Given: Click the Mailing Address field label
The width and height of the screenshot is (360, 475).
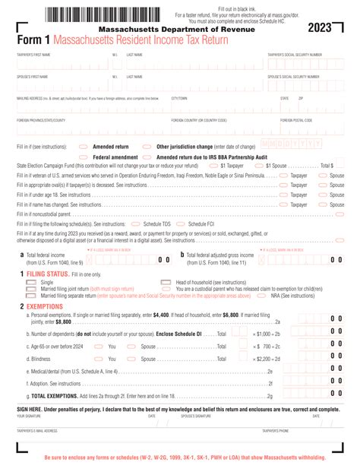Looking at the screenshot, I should point(38,98).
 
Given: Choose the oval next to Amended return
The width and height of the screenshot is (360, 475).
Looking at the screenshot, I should point(84,146).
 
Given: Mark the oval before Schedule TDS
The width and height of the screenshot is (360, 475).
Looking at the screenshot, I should point(136,224).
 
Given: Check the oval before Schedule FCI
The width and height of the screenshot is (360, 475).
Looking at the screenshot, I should point(182,224).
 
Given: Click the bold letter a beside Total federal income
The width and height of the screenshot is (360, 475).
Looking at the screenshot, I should point(21,255).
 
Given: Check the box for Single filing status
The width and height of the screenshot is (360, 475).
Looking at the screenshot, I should point(31,282).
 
